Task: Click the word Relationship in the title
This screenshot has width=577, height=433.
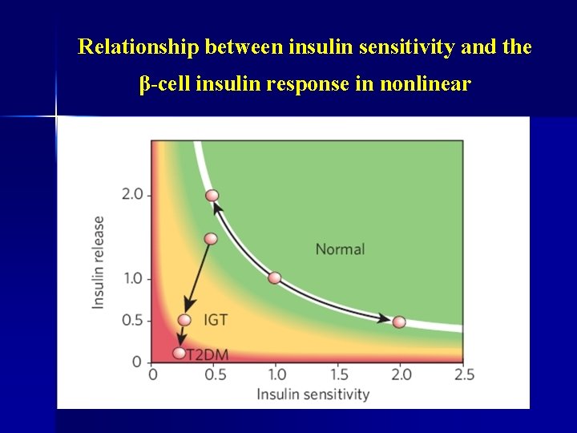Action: (139, 47)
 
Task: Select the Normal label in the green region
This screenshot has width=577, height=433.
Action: (340, 249)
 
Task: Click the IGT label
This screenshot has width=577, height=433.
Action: (216, 320)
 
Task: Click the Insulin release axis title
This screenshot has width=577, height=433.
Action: (99, 262)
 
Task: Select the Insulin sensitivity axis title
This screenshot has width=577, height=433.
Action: (313, 394)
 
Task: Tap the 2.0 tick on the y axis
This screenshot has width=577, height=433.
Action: (132, 194)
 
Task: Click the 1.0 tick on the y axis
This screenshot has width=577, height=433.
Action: (132, 278)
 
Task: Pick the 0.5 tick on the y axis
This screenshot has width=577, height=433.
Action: (132, 320)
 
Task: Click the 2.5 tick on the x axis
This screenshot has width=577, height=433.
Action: (463, 374)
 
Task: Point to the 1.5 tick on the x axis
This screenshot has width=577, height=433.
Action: (339, 374)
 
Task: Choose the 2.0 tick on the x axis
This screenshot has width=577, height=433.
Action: (401, 374)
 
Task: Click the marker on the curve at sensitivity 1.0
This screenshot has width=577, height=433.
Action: (275, 278)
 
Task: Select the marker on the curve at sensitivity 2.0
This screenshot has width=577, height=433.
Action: (399, 322)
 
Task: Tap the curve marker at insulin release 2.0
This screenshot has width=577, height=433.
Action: (212, 195)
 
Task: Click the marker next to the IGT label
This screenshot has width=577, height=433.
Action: (184, 320)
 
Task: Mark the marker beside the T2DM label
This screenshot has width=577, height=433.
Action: (179, 353)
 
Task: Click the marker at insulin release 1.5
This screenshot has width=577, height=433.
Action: (211, 238)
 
